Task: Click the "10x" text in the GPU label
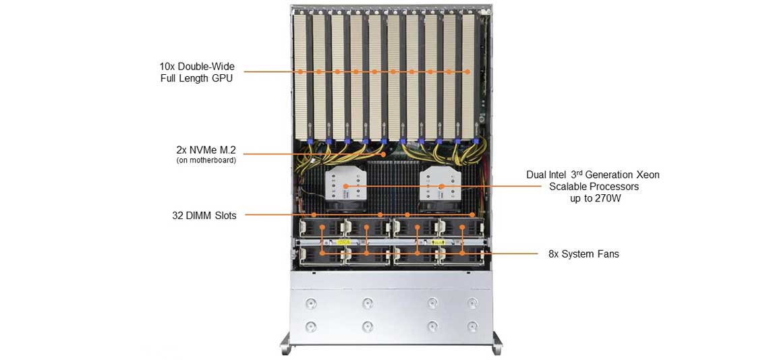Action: pyautogui.click(x=167, y=67)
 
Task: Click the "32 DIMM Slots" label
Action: pyautogui.click(x=204, y=216)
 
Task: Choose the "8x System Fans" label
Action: pyautogui.click(x=583, y=254)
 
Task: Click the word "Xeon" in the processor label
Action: pyautogui.click(x=646, y=175)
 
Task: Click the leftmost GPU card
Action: pyautogui.click(x=301, y=74)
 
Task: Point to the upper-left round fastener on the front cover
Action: pyautogui.click(x=311, y=302)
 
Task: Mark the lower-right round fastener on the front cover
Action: pyautogui.click(x=472, y=326)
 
